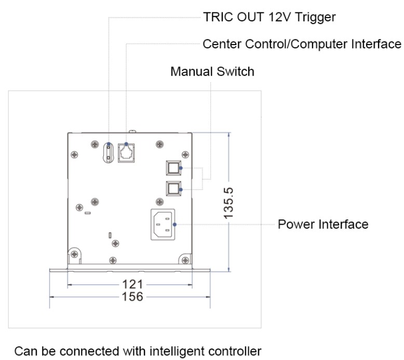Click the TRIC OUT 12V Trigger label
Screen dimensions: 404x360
point(270,18)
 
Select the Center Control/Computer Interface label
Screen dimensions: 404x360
point(302,44)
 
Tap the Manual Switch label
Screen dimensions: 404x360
point(212,72)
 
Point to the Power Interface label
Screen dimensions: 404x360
point(323,225)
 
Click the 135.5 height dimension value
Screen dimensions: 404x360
point(228,203)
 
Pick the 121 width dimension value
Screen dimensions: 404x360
point(132,285)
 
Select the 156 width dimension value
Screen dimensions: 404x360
point(132,297)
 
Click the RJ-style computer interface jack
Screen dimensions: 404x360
point(126,153)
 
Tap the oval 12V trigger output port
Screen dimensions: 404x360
point(109,153)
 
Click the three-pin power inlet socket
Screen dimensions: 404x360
point(163,225)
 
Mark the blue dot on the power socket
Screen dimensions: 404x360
point(174,225)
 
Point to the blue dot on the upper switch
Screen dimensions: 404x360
point(181,168)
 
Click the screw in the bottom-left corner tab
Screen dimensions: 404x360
point(74,255)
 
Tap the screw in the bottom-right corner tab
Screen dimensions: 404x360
point(185,260)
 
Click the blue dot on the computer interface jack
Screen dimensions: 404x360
point(126,144)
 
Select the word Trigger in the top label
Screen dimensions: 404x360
point(315,18)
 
